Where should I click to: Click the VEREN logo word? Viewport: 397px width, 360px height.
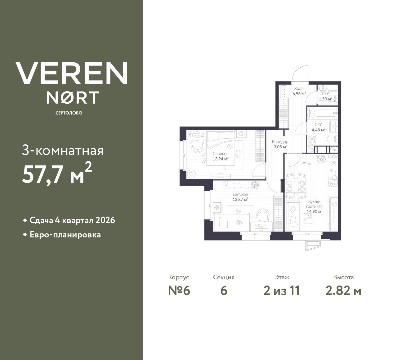pos(71,73)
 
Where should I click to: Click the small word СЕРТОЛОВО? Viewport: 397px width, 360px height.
pos(69,113)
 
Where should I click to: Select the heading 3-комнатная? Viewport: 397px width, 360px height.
pos(63,151)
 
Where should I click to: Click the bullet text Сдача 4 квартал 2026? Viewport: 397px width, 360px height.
pos(72,220)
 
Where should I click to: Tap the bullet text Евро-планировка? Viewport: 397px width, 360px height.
pos(65,235)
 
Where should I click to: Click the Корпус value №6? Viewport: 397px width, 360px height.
pos(179,291)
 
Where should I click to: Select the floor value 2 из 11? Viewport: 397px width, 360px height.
pos(282,291)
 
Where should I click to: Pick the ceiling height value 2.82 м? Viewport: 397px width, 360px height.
pos(343,291)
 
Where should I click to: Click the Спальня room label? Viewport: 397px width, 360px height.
pos(221,154)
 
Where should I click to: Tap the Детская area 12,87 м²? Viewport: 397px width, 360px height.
pos(240,200)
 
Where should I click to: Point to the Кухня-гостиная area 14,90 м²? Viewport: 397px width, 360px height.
pos(314,211)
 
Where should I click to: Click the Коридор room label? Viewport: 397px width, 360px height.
pos(280,142)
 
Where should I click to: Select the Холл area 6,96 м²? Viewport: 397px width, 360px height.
pos(299,93)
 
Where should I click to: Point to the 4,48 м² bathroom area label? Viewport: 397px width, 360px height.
pos(319,130)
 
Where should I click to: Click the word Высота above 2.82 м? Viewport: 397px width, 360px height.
pos(343,277)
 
